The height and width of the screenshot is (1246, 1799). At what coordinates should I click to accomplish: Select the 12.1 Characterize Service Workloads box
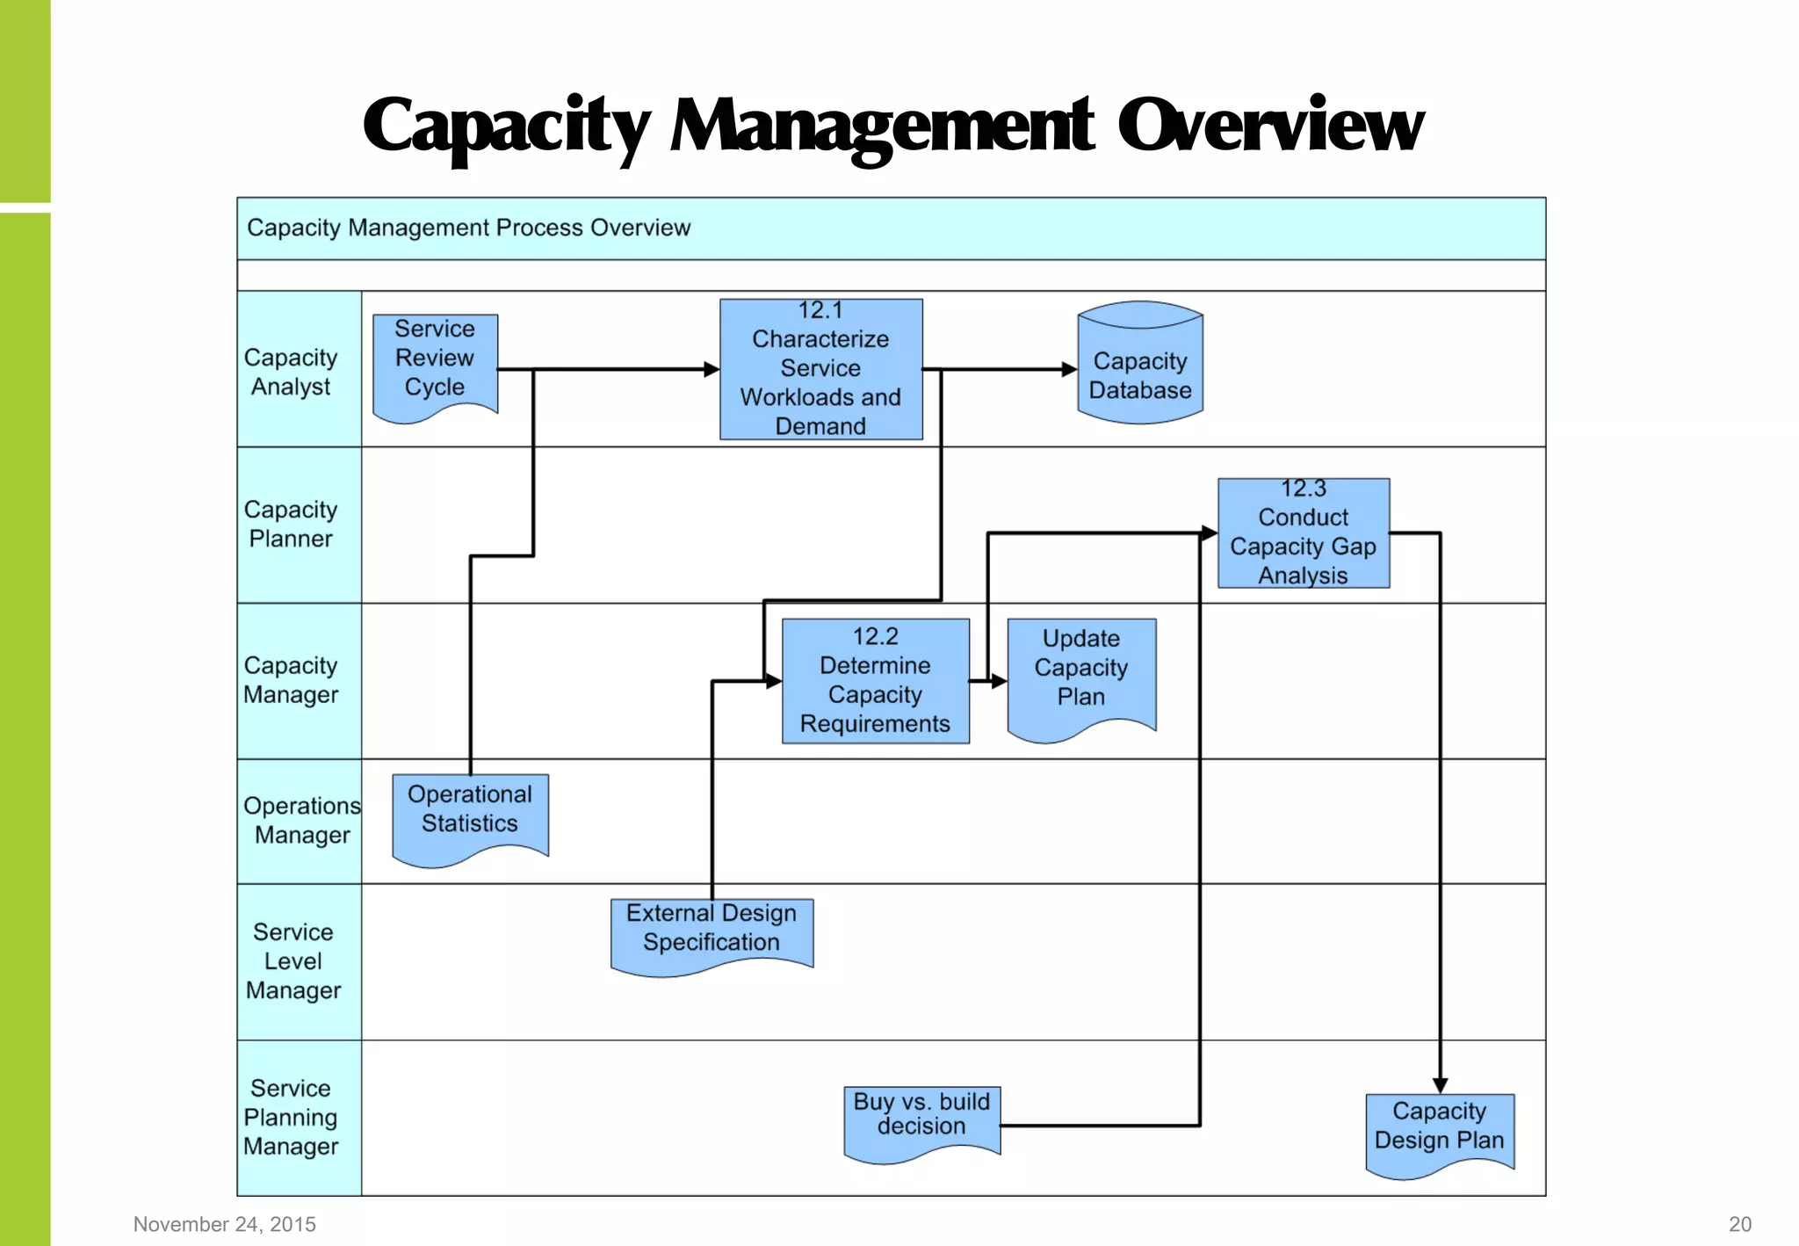point(820,369)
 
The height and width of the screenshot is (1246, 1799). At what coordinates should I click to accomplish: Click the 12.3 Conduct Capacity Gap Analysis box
point(1303,533)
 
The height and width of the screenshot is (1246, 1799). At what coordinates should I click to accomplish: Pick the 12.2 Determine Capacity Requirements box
point(875,681)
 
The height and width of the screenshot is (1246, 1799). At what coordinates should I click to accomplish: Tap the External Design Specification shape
point(711,932)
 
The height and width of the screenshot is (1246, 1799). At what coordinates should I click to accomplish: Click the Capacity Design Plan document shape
point(1439,1130)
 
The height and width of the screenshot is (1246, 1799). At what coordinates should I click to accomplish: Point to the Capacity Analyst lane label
point(291,372)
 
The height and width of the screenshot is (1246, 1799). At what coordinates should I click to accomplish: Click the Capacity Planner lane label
point(291,525)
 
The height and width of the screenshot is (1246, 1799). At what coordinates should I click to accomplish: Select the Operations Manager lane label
point(301,820)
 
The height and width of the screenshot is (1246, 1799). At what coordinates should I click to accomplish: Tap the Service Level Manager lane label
point(293,961)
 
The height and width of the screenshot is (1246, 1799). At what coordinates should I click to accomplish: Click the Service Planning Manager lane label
point(291,1117)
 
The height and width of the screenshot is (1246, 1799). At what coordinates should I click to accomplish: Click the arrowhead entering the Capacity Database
point(1068,370)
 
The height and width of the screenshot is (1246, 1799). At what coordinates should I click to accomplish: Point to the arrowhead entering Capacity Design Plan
point(1440,1085)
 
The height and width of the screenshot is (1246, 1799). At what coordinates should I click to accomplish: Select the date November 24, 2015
point(224,1224)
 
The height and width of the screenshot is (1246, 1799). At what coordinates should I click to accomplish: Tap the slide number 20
point(1739,1224)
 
